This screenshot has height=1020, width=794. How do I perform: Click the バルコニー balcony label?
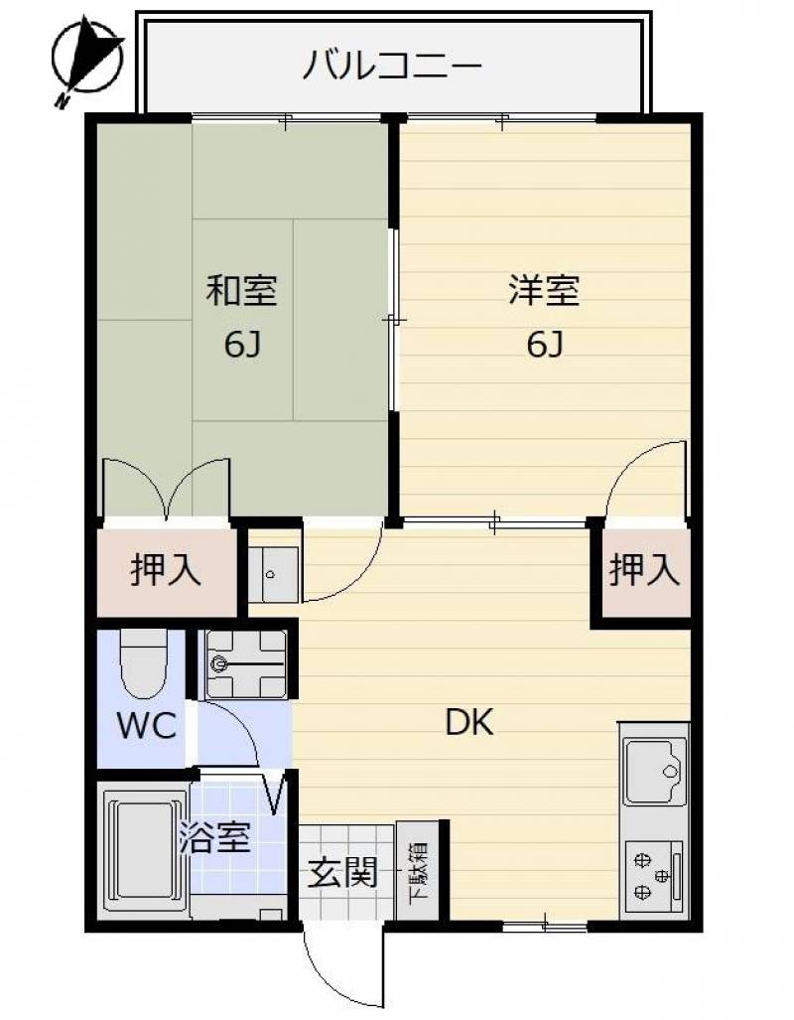(x=393, y=66)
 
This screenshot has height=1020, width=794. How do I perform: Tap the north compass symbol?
(x=87, y=61)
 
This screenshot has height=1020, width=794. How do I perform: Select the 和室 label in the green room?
(x=242, y=290)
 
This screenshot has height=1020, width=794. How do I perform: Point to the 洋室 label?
(x=544, y=290)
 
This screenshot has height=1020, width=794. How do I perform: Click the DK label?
(x=469, y=722)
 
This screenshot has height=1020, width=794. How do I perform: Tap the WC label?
(x=148, y=725)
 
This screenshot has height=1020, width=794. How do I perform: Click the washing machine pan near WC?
(x=246, y=664)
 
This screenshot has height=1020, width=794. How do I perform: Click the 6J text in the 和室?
(x=242, y=345)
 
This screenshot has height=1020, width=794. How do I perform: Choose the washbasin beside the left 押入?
(x=273, y=574)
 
